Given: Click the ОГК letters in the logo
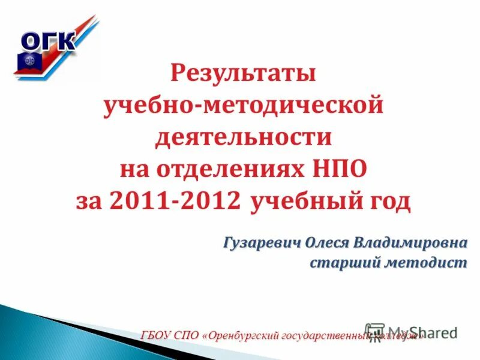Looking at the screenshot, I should (x=49, y=41).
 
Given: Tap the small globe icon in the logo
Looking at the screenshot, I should (x=29, y=61).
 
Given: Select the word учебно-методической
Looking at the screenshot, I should (x=244, y=106).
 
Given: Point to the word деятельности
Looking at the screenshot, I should (x=244, y=137).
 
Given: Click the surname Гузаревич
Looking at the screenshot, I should (x=262, y=243).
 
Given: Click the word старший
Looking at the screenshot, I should (x=342, y=263).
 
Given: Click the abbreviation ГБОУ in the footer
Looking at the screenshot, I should (x=158, y=335).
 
